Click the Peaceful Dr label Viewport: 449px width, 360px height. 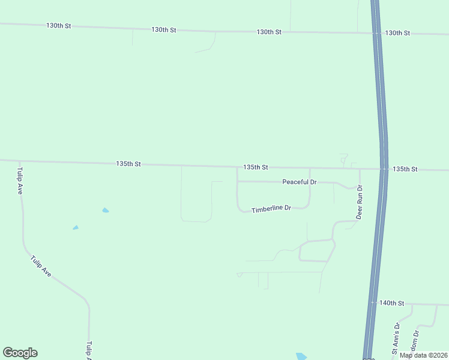point(299,182)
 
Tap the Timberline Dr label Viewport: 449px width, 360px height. point(271,209)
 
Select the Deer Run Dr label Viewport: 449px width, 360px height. point(359,202)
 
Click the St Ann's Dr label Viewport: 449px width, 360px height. point(396,339)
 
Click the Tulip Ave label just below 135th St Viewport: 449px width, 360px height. point(19,180)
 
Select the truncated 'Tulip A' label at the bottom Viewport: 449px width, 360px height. point(89,351)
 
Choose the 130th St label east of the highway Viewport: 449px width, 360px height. point(397,33)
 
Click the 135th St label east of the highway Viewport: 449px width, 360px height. point(405,169)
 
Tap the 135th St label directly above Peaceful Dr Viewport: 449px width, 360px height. point(256,167)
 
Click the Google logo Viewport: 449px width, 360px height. point(20,353)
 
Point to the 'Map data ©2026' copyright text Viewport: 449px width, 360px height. point(423,355)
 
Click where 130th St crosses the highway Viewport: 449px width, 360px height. point(376,33)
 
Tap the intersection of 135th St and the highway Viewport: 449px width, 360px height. point(384,169)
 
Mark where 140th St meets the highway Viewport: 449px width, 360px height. point(372,303)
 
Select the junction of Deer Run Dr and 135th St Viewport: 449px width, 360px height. point(360,169)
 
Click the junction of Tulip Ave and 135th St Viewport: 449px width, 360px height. point(19,161)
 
